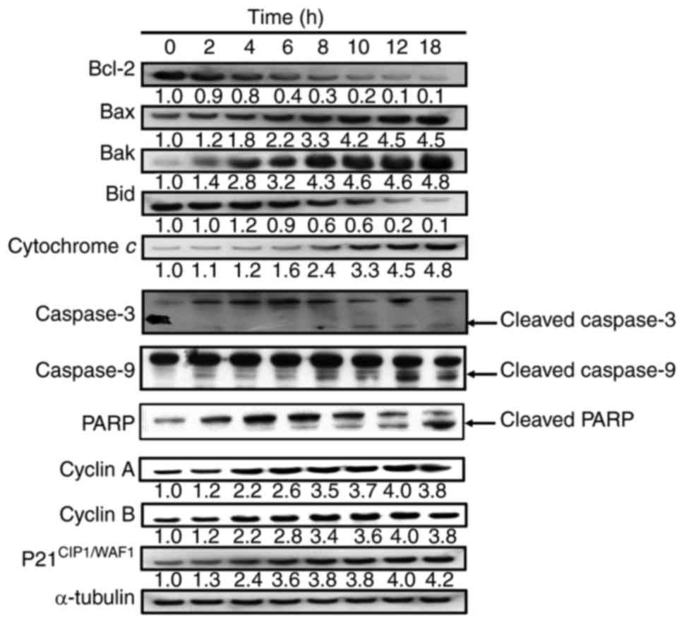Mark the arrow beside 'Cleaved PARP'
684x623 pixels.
point(484,422)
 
